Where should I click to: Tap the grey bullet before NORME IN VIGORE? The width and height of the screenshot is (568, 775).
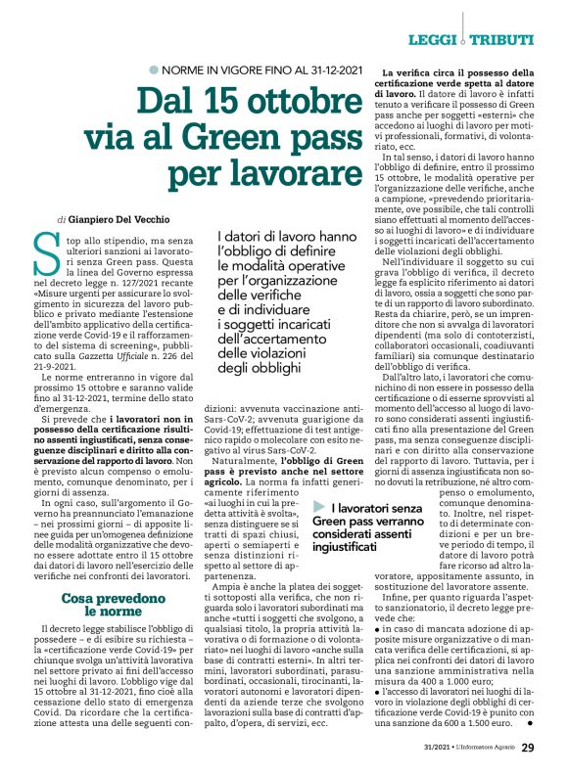[x=153, y=69]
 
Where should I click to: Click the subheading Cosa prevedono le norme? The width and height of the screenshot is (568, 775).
[x=106, y=604]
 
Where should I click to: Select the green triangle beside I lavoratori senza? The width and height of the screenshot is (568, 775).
[x=318, y=505]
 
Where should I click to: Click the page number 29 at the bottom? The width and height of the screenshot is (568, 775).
[x=528, y=749]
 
